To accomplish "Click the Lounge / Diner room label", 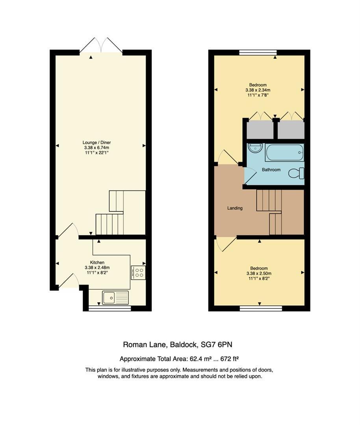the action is (x=96, y=142).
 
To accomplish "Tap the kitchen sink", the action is (x=115, y=297).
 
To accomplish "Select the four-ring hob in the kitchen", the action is (x=138, y=272).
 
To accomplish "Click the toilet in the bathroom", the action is (x=296, y=173).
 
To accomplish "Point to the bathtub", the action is (x=285, y=153).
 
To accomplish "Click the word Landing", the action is (x=235, y=208).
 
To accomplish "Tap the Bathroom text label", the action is (x=271, y=170).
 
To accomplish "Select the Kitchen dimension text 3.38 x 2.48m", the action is (x=97, y=268).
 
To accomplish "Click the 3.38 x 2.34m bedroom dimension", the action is (x=258, y=90).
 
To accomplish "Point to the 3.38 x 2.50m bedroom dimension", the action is (x=259, y=273).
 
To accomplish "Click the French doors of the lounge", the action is (x=101, y=45).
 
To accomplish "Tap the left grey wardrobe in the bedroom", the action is (x=260, y=130).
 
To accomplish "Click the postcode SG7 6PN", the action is (x=216, y=344).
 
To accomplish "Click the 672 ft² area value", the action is (x=230, y=359).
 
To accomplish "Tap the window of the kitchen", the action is (x=110, y=308).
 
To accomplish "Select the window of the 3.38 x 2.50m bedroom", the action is (x=261, y=308).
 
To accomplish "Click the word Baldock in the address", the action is (x=183, y=345).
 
